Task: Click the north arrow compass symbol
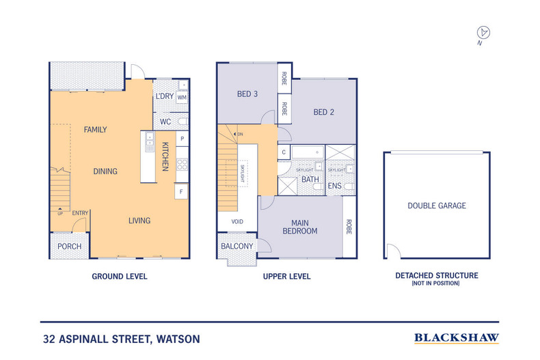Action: [x=484, y=32]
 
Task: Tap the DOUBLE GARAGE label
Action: [x=436, y=206]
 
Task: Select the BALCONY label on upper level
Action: [x=237, y=247]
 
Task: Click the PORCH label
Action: [x=69, y=247]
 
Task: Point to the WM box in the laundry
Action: [x=182, y=98]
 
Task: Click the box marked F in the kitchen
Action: [x=182, y=193]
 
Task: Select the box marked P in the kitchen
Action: [x=182, y=139]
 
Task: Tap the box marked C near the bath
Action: [x=283, y=153]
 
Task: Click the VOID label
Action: [x=237, y=222]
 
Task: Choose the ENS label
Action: [x=335, y=185]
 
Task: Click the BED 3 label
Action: [x=247, y=94]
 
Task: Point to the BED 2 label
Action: [x=323, y=112]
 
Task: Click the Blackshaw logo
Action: [x=457, y=338]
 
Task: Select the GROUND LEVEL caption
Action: [x=120, y=277]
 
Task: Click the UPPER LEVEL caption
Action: [x=286, y=277]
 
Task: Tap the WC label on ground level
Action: [x=165, y=122]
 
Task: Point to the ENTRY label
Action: [x=81, y=213]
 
